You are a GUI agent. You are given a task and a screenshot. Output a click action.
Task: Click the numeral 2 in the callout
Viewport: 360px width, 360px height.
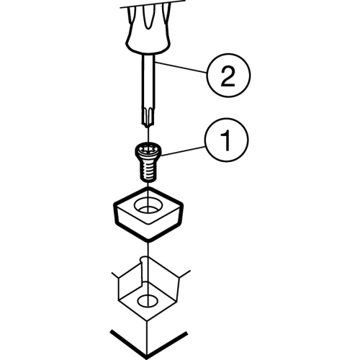coord(228,76)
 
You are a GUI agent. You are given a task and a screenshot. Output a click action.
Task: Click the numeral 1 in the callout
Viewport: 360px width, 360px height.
coord(226,140)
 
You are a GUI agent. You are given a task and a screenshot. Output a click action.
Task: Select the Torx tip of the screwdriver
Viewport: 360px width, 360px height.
coord(148,117)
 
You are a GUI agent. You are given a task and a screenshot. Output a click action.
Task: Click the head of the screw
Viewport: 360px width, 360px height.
coord(148,152)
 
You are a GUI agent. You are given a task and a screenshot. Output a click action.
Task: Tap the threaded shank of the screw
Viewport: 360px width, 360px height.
coord(148,171)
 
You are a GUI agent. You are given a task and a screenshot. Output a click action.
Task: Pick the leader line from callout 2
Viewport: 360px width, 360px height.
coord(180,68)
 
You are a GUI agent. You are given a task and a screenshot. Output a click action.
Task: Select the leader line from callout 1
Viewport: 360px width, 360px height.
coord(184,151)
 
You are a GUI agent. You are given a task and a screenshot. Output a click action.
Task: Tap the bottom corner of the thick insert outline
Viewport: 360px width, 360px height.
coord(149,240)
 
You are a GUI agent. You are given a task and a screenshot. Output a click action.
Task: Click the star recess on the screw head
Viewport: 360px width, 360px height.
coord(147,149)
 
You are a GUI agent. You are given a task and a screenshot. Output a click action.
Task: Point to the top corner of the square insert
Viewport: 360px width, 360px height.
coord(147,189)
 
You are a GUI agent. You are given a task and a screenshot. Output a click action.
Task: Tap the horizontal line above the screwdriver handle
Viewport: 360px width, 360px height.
coord(153,4)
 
